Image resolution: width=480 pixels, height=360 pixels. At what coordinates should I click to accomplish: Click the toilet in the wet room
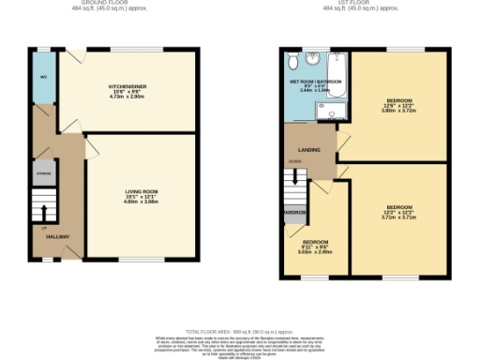point(295,62)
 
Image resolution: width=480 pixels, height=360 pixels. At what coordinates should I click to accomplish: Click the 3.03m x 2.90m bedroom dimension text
point(315,251)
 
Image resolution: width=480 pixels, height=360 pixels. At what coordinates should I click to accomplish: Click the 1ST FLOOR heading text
point(352,3)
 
